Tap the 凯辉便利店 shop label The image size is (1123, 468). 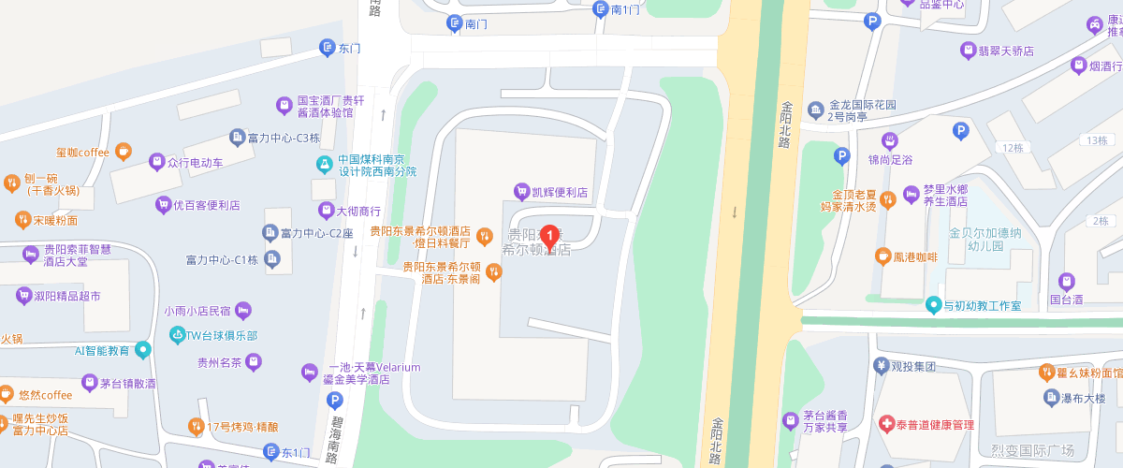tap(559, 192)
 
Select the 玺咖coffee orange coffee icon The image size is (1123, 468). tap(124, 152)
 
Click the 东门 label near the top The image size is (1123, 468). tap(349, 47)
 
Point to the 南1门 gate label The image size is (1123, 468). tap(624, 9)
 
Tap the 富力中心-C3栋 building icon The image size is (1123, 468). tap(239, 138)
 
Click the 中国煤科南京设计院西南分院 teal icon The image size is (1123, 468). tap(325, 165)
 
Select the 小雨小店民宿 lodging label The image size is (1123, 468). tap(197, 310)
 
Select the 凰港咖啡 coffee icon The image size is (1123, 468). tap(882, 256)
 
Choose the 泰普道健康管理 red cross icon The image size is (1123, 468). tap(886, 425)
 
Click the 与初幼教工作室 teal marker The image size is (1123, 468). tap(933, 305)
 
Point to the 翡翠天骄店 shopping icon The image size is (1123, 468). tap(968, 51)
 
